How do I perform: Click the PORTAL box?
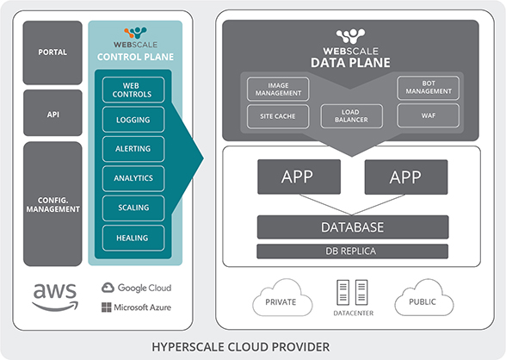pyautogui.click(x=52, y=53)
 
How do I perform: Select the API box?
pyautogui.click(x=52, y=113)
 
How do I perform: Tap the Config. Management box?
pyautogui.click(x=52, y=204)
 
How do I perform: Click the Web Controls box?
pyautogui.click(x=133, y=90)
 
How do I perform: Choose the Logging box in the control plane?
pyautogui.click(x=133, y=120)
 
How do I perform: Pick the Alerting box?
pyautogui.click(x=133, y=149)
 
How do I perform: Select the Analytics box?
pyautogui.click(x=133, y=178)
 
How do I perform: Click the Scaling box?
pyautogui.click(x=133, y=208)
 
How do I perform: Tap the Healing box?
pyautogui.click(x=133, y=238)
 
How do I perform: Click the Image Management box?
pyautogui.click(x=278, y=89)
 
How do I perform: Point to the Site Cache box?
pyautogui.click(x=278, y=116)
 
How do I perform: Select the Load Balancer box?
pyautogui.click(x=351, y=116)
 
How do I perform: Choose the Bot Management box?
pyautogui.click(x=429, y=88)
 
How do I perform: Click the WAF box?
pyautogui.click(x=429, y=115)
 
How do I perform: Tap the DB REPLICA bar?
pyautogui.click(x=353, y=251)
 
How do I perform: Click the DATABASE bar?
pyautogui.click(x=353, y=227)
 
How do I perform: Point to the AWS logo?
pyautogui.click(x=55, y=297)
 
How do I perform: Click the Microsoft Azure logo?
pyautogui.click(x=136, y=307)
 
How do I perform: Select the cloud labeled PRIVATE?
pyautogui.click(x=282, y=298)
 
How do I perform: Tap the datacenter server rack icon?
pyautogui.click(x=353, y=293)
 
